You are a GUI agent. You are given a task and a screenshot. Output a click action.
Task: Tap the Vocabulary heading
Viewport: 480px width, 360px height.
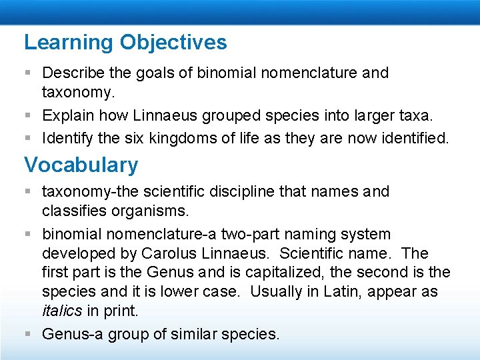[x=81, y=165]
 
